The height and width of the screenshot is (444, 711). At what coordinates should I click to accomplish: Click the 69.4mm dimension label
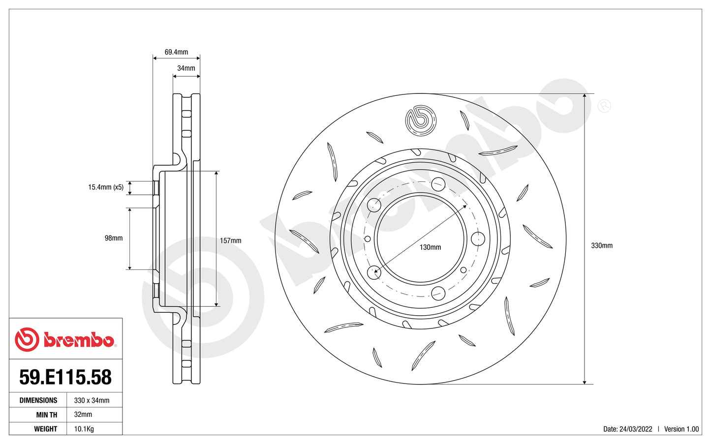(176, 52)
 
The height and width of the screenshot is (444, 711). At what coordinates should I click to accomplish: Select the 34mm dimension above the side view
(186, 68)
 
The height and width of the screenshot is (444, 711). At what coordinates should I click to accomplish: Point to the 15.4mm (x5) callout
(106, 187)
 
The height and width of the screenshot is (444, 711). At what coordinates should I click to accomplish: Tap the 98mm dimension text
(114, 238)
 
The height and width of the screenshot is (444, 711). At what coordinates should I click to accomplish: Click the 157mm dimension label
(230, 240)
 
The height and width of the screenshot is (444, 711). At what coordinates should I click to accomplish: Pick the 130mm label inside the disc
(430, 247)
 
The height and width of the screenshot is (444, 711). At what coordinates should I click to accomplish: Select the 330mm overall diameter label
(601, 245)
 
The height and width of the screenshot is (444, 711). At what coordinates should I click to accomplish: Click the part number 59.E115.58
(65, 377)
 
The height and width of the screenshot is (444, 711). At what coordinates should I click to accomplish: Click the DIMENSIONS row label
(38, 400)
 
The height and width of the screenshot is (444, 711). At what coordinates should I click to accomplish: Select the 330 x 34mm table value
(92, 400)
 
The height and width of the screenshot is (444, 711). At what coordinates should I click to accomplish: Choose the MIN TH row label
(46, 414)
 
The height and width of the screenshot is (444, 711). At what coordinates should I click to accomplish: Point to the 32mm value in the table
(83, 414)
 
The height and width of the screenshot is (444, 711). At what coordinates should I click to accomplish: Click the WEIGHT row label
(46, 429)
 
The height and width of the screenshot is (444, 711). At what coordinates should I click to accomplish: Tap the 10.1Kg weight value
(84, 429)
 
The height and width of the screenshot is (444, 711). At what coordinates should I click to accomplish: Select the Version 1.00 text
(681, 429)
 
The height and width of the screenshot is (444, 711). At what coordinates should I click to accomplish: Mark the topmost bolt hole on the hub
(438, 185)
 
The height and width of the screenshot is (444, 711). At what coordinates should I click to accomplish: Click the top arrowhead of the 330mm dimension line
(584, 96)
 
